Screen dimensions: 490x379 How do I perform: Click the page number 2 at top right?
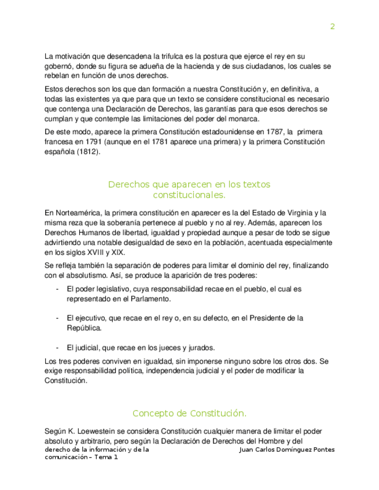click(x=332, y=27)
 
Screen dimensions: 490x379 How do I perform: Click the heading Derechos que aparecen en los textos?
click(x=189, y=185)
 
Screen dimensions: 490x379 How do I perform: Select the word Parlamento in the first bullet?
click(x=151, y=299)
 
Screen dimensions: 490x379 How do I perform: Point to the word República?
click(x=84, y=328)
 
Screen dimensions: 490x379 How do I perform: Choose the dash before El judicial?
click(x=57, y=348)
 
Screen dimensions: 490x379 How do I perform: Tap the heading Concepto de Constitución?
click(x=189, y=414)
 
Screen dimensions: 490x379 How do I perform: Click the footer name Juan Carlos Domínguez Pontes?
click(x=286, y=450)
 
